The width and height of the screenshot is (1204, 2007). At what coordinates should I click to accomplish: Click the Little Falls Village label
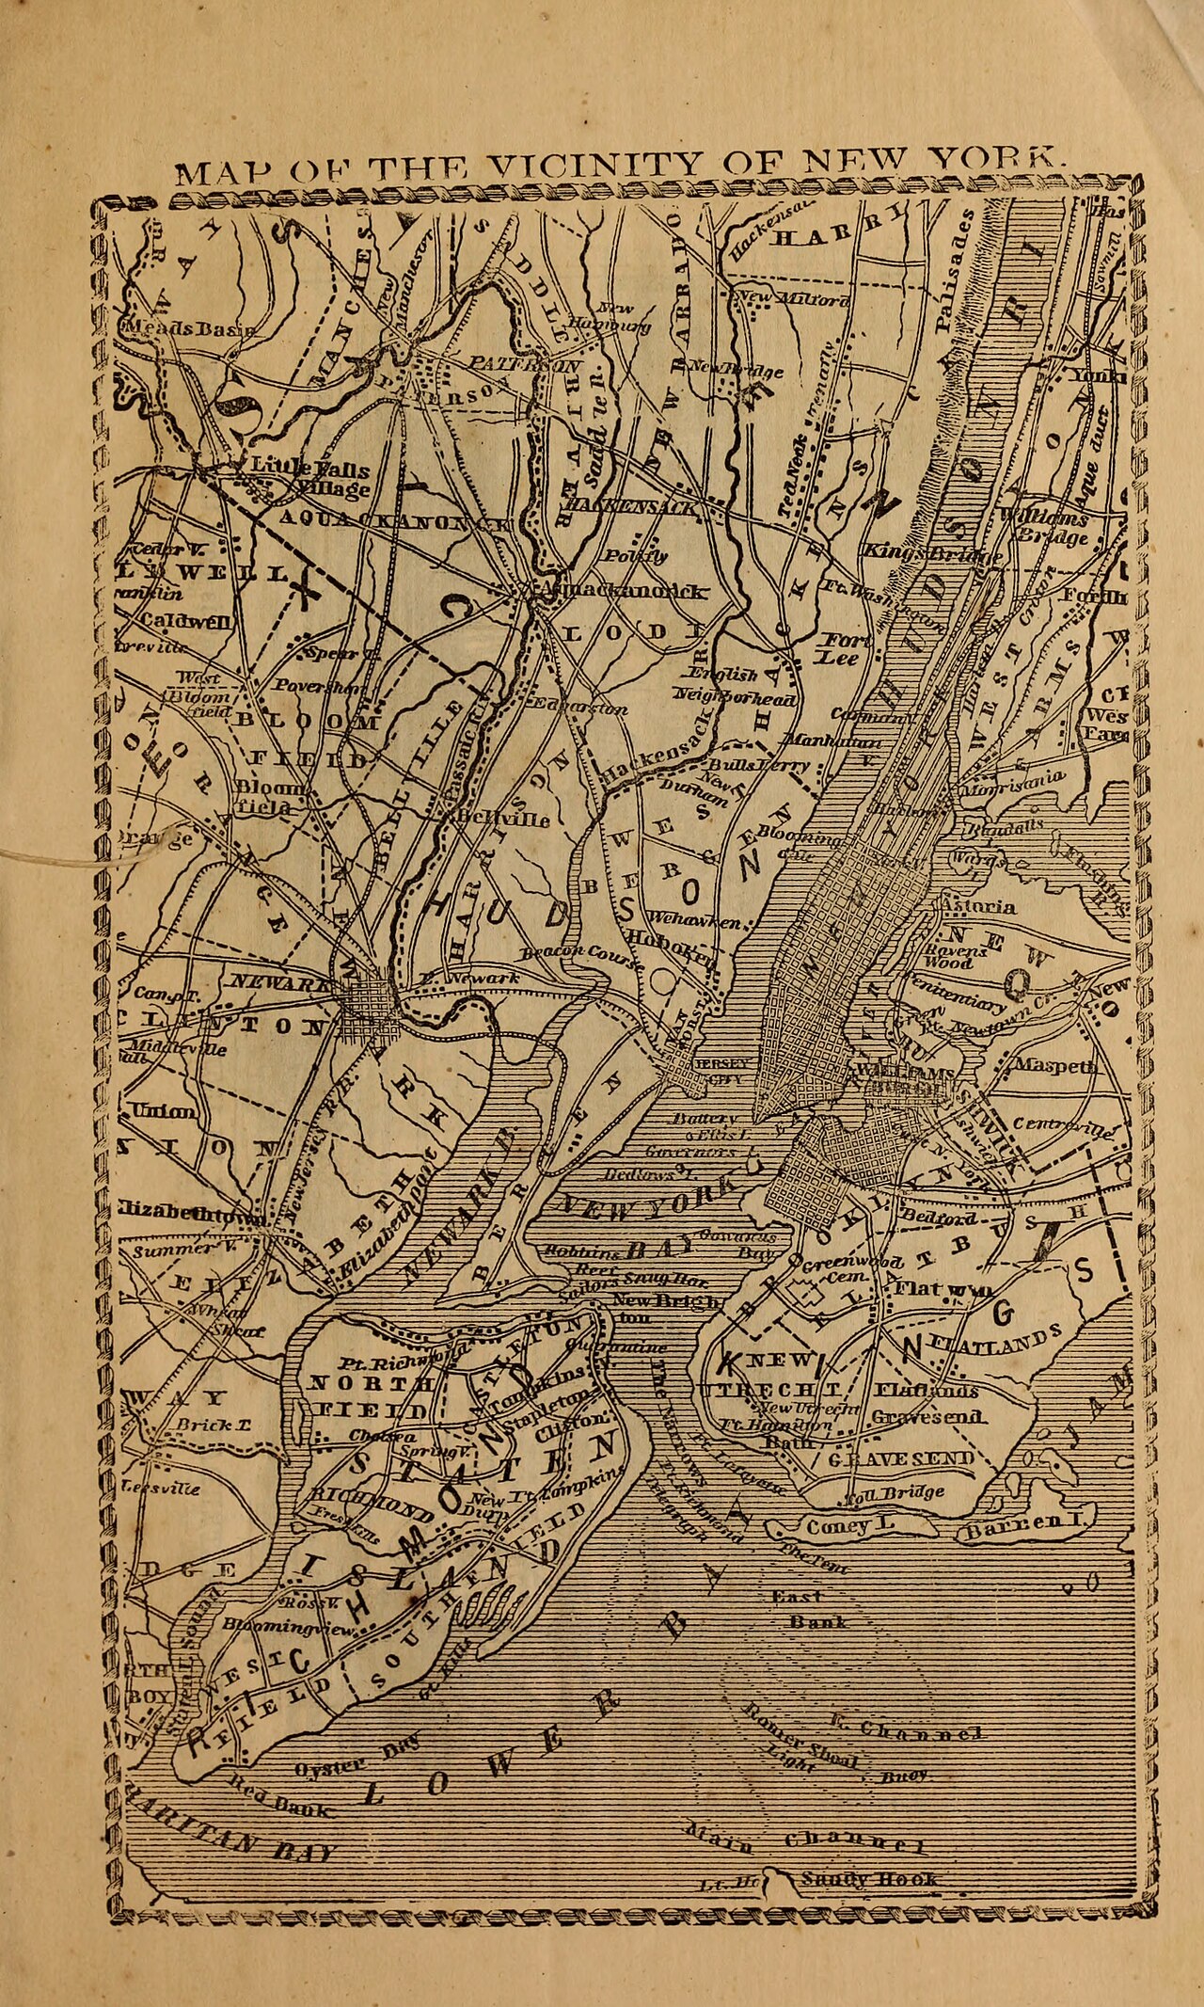(309, 478)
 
